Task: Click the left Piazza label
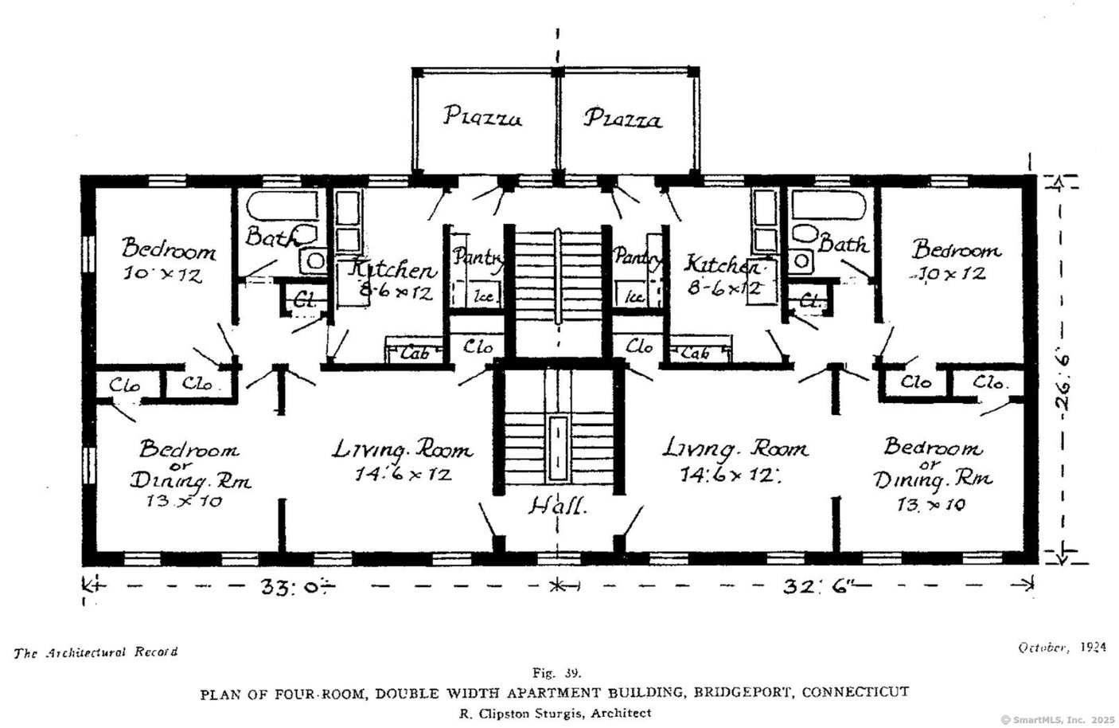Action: pyautogui.click(x=482, y=117)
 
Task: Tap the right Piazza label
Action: pyautogui.click(x=622, y=119)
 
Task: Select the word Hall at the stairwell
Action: pyautogui.click(x=557, y=506)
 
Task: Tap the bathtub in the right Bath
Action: pyautogui.click(x=829, y=206)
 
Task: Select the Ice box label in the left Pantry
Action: pyautogui.click(x=485, y=297)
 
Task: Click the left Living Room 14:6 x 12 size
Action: pyautogui.click(x=403, y=475)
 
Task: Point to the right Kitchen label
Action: pyautogui.click(x=723, y=264)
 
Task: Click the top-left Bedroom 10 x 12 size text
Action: pyautogui.click(x=162, y=276)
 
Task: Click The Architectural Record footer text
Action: pyautogui.click(x=96, y=652)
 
